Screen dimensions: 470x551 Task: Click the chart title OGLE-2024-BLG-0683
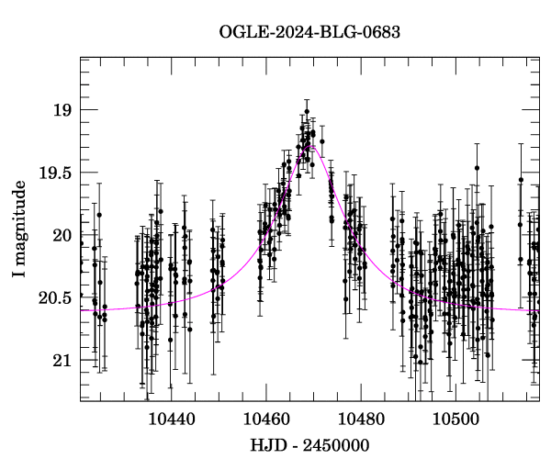pos(309,33)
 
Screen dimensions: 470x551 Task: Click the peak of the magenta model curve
pos(312,146)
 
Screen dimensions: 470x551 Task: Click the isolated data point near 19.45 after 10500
pos(477,168)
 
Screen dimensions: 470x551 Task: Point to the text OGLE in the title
pos(241,33)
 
